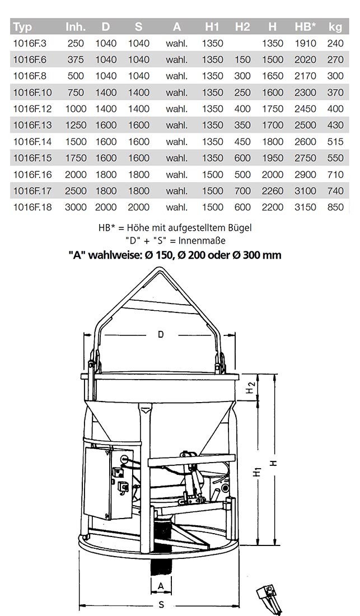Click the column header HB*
[x=306, y=27]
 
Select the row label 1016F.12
[x=32, y=109]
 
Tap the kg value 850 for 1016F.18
[x=335, y=207]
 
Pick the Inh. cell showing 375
[x=76, y=59]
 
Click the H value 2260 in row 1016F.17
[x=273, y=191]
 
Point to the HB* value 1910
[x=306, y=43]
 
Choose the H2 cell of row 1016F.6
[x=242, y=59]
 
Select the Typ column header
[x=22, y=27]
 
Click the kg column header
[x=335, y=27]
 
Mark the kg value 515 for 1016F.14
[x=335, y=142]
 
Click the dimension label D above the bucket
[x=160, y=334]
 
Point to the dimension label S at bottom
[x=161, y=605]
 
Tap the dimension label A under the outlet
[x=161, y=585]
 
